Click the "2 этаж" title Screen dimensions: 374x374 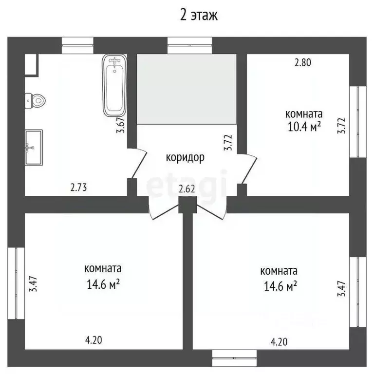[199, 16]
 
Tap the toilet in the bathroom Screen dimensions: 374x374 [35, 101]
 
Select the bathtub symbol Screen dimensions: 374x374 [114, 86]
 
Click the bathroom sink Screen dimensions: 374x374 [34, 148]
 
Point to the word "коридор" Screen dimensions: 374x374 [185, 158]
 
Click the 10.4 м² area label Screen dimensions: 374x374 [304, 127]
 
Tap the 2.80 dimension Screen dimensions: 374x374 [303, 62]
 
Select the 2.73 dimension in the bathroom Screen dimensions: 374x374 [79, 187]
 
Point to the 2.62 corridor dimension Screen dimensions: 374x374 [187, 189]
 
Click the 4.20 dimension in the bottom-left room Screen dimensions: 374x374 [93, 340]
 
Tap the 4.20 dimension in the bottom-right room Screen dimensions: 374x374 [279, 342]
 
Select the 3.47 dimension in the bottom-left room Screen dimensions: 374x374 [33, 284]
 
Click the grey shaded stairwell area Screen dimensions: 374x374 [187, 89]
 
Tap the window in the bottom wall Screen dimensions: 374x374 [234, 358]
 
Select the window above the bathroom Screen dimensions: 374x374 [77, 45]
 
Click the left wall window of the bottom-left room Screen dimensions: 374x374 [16, 283]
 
